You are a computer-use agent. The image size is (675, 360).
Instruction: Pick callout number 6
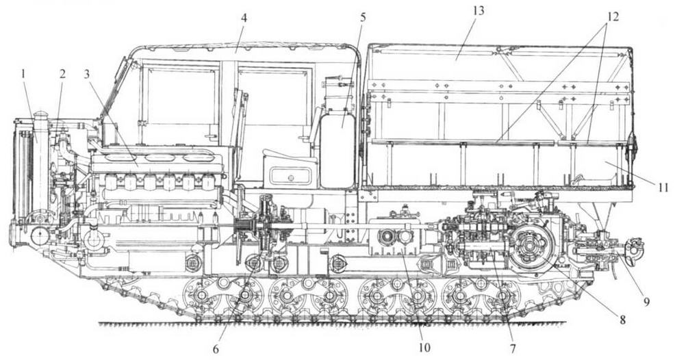(216, 349)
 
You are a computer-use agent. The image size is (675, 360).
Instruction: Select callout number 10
(424, 349)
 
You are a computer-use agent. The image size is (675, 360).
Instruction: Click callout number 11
(663, 186)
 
